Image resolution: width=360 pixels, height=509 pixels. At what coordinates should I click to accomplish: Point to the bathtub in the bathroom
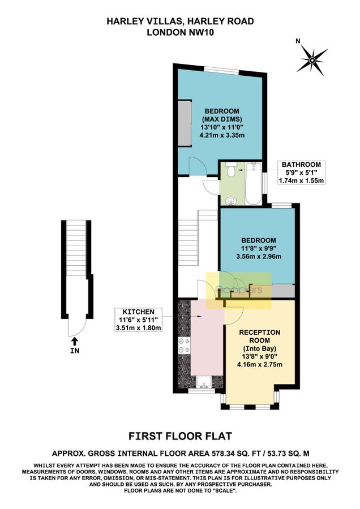coord(254,183)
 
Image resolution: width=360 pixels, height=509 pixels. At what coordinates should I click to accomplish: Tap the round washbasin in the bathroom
coord(230,201)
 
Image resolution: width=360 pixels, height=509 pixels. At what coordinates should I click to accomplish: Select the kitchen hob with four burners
coord(183,344)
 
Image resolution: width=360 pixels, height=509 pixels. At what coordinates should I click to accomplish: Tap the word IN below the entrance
coord(74,350)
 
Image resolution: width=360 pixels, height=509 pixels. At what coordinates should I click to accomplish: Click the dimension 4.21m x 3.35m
coord(221,136)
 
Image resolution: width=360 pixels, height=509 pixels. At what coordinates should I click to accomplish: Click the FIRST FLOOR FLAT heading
coord(180,435)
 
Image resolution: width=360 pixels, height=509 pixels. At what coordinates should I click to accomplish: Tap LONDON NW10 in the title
coord(180,32)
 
